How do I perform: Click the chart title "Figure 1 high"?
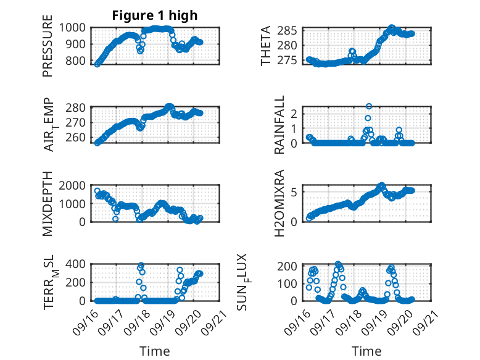coord(154,15)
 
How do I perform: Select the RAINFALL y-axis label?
coord(279,125)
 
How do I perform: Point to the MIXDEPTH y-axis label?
coord(48,204)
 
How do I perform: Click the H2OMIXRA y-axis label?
coord(279,204)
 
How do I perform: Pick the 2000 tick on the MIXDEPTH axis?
coord(76,185)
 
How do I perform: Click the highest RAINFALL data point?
coord(369,106)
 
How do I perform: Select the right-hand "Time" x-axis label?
coord(366,351)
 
